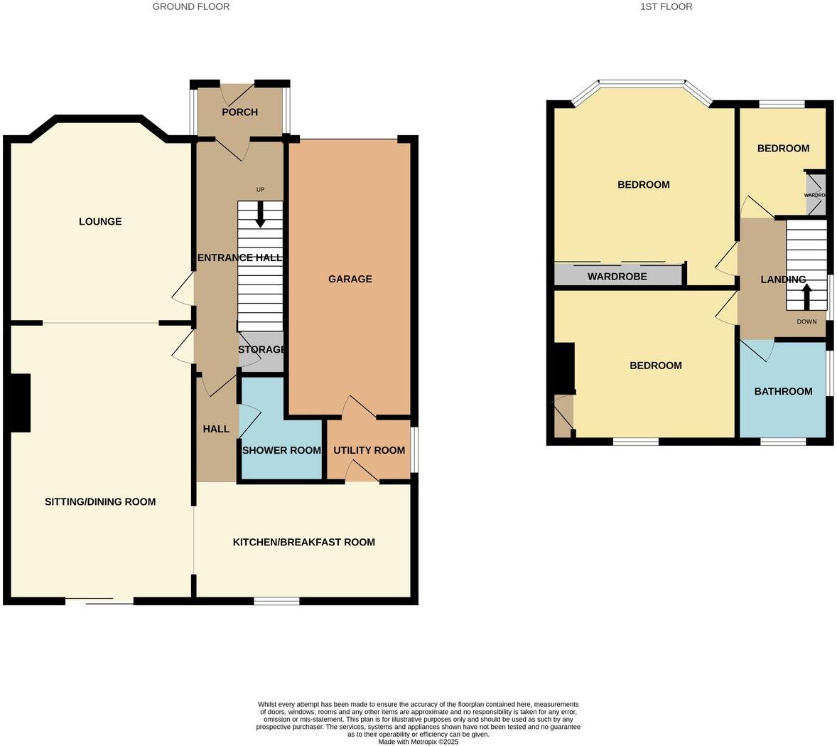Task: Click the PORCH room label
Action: coord(239,112)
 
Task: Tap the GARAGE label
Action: coord(350,279)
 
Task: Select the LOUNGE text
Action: coord(100,221)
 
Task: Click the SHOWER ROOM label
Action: coord(281,450)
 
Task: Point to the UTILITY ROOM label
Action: coord(369,450)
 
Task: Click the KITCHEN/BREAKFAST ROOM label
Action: coord(303,542)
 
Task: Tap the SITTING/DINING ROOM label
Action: coord(100,501)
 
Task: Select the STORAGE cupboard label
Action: coord(261,350)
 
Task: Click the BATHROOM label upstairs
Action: coord(783,391)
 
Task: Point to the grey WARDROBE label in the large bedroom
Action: coord(617,276)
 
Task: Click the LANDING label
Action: coord(783,279)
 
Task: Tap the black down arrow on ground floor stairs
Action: coord(260,215)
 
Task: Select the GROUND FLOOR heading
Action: coord(191,6)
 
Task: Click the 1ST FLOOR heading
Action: coord(666,6)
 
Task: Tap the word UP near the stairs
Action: coord(260,190)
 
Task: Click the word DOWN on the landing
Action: coord(806,321)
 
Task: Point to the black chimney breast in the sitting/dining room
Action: coord(21,403)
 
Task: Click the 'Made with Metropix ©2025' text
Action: coord(418,741)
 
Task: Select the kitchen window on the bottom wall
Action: coord(276,602)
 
